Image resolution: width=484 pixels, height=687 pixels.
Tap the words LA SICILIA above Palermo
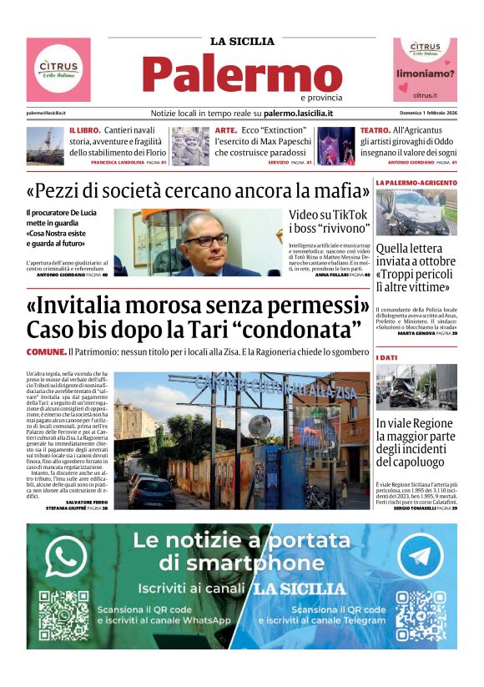click(241, 41)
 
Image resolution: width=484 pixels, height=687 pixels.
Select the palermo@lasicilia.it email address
click(46, 113)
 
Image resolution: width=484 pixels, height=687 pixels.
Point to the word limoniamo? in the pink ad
click(426, 73)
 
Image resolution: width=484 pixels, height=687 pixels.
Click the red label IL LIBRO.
click(85, 130)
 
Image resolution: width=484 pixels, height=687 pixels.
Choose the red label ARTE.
click(226, 130)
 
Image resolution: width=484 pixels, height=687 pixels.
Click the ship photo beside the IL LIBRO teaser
click(45, 145)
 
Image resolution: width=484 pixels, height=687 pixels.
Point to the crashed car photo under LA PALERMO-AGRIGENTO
click(416, 212)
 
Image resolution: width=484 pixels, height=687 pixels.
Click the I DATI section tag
click(387, 357)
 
